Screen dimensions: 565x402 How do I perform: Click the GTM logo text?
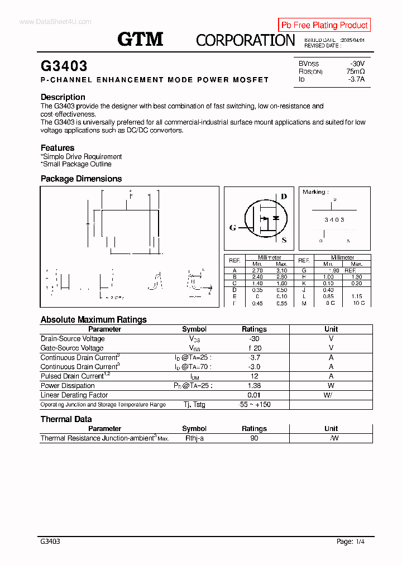[x=140, y=39]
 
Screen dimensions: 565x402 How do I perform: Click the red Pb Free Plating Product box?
[x=324, y=25]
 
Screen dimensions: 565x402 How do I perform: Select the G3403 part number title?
[x=64, y=66]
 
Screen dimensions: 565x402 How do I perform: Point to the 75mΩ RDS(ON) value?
[x=355, y=71]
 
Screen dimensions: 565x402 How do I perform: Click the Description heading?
[x=63, y=97]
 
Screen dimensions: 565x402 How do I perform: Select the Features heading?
[x=58, y=148]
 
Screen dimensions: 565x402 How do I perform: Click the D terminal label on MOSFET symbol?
[x=284, y=197]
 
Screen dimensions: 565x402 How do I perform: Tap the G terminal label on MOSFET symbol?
[x=232, y=228]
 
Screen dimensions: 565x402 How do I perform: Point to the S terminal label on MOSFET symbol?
[x=284, y=241]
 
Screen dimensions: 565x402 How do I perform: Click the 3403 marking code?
[x=334, y=220]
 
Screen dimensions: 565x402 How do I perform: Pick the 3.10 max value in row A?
[x=281, y=270]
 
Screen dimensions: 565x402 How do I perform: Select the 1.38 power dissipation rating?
[x=254, y=386]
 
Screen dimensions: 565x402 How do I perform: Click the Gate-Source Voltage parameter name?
[x=72, y=348]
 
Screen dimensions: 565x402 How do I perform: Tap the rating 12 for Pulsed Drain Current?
[x=254, y=376]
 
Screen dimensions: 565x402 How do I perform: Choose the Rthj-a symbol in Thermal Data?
[x=194, y=439]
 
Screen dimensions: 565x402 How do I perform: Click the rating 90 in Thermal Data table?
[x=254, y=439]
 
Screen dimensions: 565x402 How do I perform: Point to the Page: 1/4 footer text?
[x=351, y=542]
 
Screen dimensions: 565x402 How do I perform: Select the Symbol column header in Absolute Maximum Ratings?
[x=194, y=329]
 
